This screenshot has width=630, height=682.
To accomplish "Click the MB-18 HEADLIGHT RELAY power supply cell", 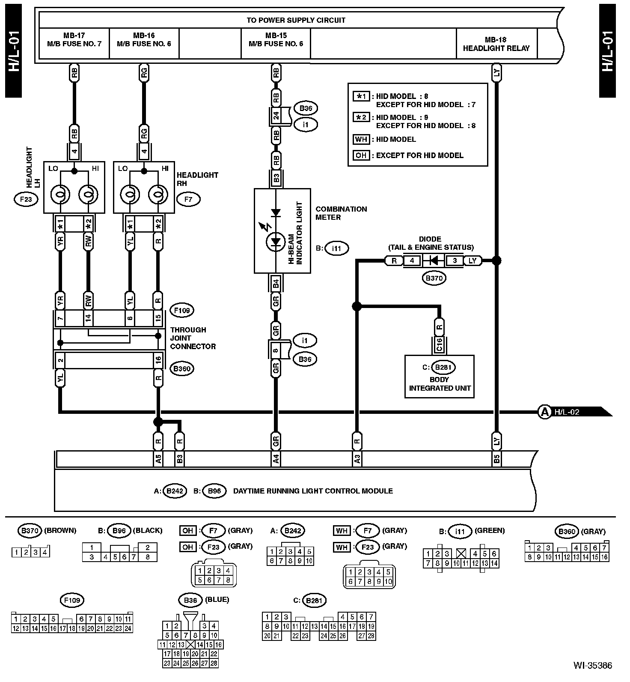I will (496, 44).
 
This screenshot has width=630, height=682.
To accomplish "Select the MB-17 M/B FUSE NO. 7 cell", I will (74, 39).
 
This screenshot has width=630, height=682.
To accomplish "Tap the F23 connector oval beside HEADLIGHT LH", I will (26, 199).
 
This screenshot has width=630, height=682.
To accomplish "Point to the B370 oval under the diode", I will (434, 278).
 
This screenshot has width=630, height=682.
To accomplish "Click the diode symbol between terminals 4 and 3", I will (434, 260).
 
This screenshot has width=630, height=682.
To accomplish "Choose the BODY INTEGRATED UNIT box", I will (440, 377).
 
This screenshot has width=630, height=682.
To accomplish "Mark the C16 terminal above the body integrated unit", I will (440, 345).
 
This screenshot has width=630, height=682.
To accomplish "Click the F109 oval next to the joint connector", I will (182, 310).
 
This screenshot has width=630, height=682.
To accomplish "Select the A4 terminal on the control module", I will (276, 459).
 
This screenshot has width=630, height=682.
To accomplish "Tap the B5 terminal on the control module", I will (496, 459).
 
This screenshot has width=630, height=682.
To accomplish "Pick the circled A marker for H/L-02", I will (544, 412).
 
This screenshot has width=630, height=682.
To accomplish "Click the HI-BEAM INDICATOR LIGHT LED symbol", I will (276, 242).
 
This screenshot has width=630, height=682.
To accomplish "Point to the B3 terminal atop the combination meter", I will (276, 178).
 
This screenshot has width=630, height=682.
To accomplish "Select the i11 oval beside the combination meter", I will (337, 248).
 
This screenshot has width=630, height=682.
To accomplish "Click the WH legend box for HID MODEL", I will (361, 139).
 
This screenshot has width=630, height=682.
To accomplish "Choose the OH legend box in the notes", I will (361, 155).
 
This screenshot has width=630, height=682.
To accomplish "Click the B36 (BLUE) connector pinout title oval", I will (190, 600).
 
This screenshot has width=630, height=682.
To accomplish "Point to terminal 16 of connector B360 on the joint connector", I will (158, 360).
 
